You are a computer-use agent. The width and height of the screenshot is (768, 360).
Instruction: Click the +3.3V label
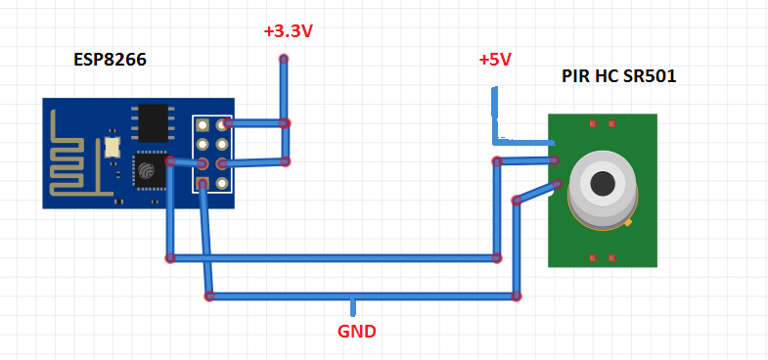coord(289,31)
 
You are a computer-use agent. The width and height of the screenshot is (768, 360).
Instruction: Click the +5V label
coord(495,60)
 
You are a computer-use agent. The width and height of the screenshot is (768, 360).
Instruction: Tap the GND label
coord(357,332)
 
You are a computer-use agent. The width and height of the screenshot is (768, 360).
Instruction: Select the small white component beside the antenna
coord(112,148)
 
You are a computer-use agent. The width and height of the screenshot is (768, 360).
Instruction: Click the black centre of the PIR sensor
coord(602,182)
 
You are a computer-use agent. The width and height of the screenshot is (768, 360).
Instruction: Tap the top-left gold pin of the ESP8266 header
coord(203,125)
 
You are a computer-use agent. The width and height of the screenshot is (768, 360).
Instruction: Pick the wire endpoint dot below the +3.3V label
coord(284,61)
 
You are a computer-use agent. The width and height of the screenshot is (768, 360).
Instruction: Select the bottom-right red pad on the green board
coord(611,257)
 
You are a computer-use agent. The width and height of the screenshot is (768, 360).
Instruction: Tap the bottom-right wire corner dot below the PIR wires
coord(517,294)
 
